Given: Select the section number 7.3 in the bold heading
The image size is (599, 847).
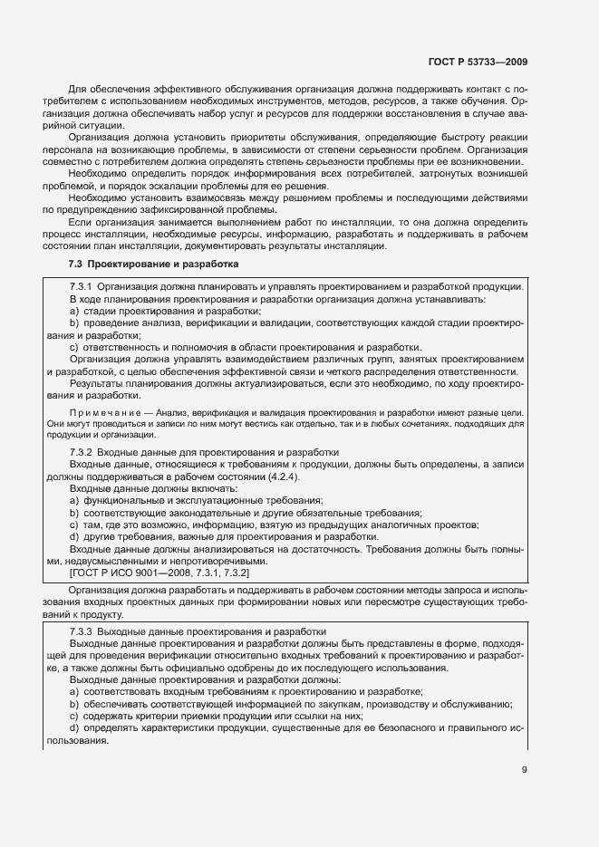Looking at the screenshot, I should pyautogui.click(x=76, y=265).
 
